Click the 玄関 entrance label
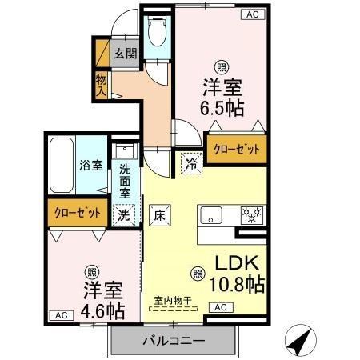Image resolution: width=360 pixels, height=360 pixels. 124,54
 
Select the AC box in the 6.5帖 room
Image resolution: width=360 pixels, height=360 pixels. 253,14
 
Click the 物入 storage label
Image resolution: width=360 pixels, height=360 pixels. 102,84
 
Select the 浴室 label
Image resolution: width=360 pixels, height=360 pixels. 90,166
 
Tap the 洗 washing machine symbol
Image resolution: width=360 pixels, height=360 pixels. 124,214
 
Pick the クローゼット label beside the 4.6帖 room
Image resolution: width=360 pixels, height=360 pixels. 78,214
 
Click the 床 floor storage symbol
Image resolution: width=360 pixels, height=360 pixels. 159,214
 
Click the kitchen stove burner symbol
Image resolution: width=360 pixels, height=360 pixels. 254,215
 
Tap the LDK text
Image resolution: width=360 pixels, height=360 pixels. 238,263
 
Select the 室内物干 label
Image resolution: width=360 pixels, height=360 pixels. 173,301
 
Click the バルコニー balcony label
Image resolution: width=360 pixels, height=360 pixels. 174,342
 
